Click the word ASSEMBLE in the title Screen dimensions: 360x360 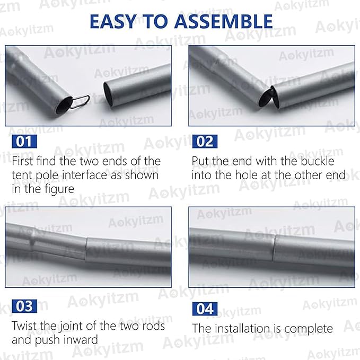(x=223, y=21)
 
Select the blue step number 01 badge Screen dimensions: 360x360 (x=24, y=142)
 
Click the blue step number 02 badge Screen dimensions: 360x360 (x=205, y=142)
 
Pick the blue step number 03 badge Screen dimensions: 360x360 (x=24, y=306)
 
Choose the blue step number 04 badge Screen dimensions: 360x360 (x=205, y=309)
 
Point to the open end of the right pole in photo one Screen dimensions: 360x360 (x=108, y=94)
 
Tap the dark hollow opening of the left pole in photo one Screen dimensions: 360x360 (x=64, y=105)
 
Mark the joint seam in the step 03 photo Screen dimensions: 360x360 (x=86, y=250)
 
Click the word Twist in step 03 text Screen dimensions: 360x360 (x=24, y=326)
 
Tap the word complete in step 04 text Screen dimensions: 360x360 (x=309, y=329)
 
